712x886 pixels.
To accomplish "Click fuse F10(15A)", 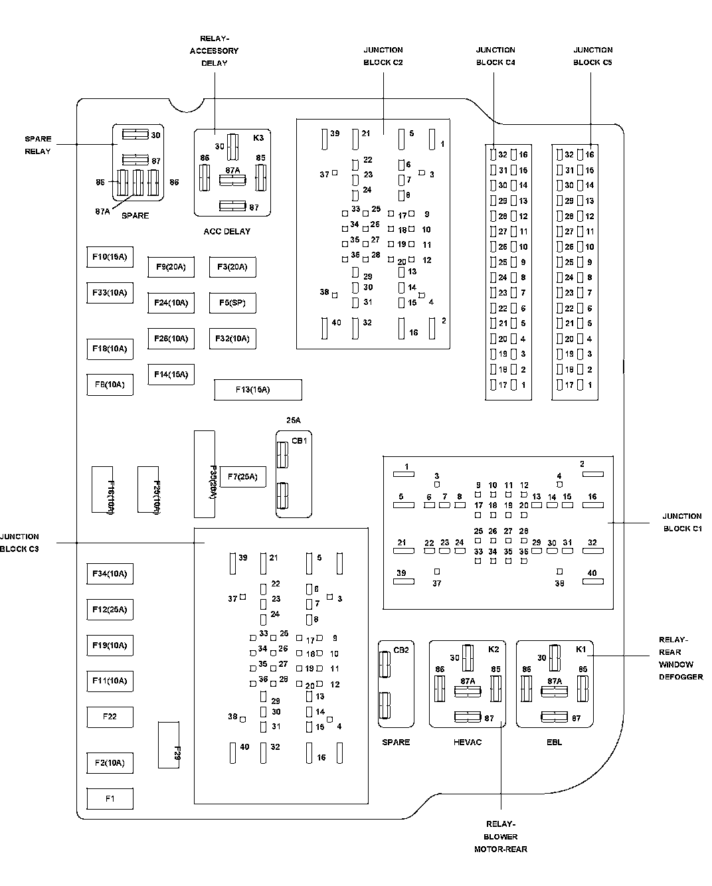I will [x=110, y=257].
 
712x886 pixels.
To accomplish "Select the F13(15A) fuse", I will [x=258, y=390].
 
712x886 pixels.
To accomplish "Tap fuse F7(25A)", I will [x=242, y=476].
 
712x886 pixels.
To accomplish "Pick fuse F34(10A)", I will [x=110, y=574].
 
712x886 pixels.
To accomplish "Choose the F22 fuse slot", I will [x=110, y=717].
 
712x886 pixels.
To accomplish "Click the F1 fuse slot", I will [x=110, y=798].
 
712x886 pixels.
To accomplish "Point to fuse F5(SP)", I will [x=232, y=303].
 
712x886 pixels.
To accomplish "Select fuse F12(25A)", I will [x=110, y=610].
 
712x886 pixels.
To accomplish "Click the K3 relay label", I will [x=258, y=138].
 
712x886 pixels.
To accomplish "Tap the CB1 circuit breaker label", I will [x=300, y=441].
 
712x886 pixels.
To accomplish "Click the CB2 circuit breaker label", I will [x=401, y=650].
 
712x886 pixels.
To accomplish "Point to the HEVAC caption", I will [x=468, y=742].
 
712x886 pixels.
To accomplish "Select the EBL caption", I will [x=555, y=742].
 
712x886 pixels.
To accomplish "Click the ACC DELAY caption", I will [x=227, y=232].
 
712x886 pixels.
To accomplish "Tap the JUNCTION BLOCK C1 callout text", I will [x=681, y=522].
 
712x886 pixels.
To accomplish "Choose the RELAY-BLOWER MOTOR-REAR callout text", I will [x=501, y=836].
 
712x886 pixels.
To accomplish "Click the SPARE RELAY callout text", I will [x=38, y=145].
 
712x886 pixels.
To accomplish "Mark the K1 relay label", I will [x=580, y=649].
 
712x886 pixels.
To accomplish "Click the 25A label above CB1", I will [x=294, y=420].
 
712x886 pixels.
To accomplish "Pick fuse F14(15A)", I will [x=171, y=375].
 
